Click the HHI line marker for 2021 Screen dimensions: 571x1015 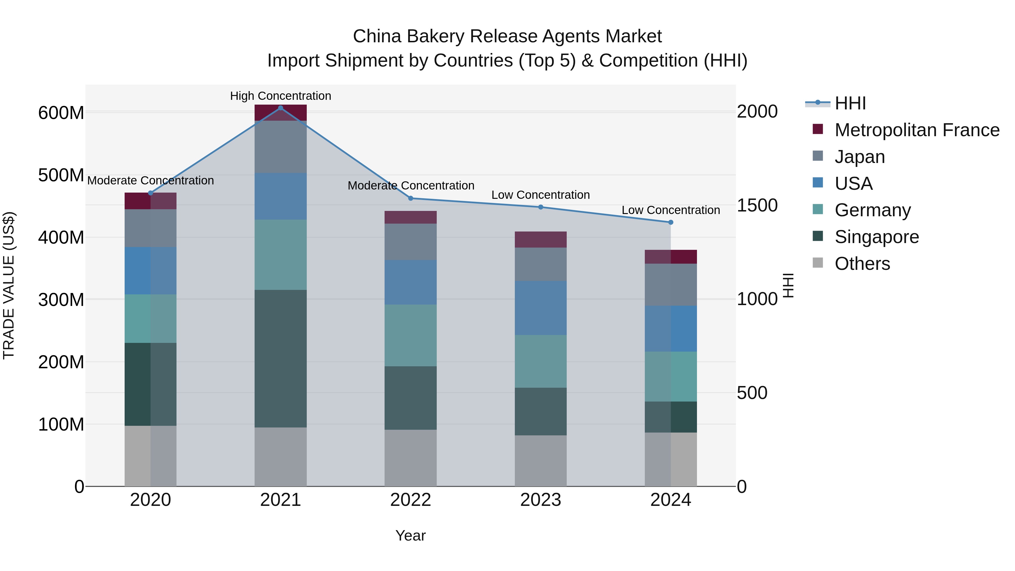tap(281, 108)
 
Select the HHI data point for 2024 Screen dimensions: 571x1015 tap(671, 222)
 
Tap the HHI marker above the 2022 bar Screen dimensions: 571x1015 tap(411, 198)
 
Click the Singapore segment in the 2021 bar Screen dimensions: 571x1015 tap(281, 359)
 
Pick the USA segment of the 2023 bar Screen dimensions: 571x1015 tap(540, 308)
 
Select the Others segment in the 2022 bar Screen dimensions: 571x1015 tap(411, 458)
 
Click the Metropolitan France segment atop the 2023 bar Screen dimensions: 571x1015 tap(540, 240)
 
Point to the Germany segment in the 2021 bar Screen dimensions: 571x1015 tap(281, 255)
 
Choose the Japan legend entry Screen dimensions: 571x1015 tap(859, 157)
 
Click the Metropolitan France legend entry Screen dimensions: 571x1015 tap(917, 130)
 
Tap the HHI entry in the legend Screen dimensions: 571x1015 tap(850, 103)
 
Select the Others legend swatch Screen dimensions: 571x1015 tap(818, 263)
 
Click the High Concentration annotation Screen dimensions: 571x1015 tap(281, 96)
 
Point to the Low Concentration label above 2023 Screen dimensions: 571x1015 tap(540, 195)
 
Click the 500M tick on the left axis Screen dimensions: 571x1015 tap(61, 175)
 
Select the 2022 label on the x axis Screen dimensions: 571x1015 tap(411, 500)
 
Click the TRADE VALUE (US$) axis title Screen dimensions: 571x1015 tap(9, 285)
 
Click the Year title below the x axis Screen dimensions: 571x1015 tap(411, 535)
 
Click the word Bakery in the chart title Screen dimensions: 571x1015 tap(435, 36)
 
